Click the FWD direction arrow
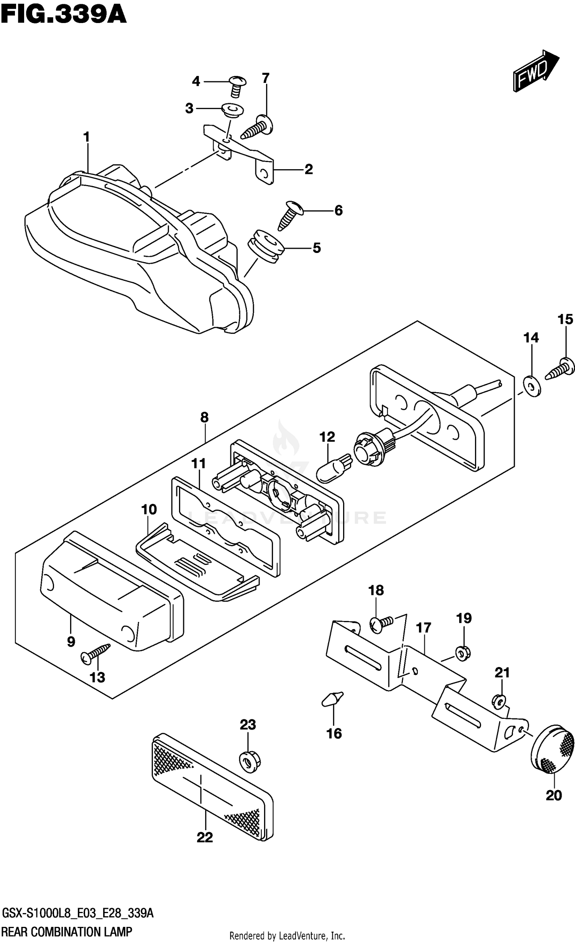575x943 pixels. tap(535, 71)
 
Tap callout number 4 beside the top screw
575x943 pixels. tap(196, 81)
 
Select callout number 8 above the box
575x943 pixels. tap(204, 417)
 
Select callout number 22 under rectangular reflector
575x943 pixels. tap(205, 837)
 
